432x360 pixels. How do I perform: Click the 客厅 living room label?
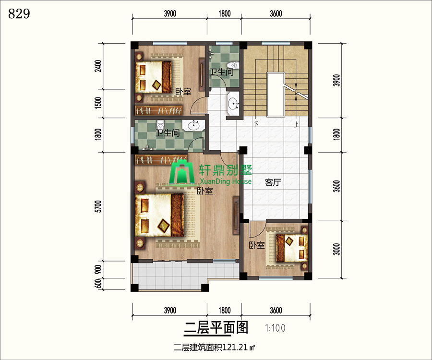click(273, 182)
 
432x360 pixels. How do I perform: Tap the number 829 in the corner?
click(19, 13)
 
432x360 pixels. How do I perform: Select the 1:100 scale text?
click(275, 328)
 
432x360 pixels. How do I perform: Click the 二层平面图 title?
click(216, 328)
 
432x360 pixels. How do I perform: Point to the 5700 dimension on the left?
click(98, 206)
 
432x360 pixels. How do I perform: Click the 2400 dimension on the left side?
click(98, 66)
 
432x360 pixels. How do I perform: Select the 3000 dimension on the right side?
click(336, 249)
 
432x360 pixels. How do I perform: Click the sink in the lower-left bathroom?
click(194, 126)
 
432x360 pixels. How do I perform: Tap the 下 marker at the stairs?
click(256, 124)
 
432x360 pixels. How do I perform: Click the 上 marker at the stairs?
click(297, 124)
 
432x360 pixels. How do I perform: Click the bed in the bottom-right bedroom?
click(292, 248)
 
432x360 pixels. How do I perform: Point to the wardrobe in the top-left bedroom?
click(159, 110)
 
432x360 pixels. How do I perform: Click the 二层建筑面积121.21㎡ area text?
click(214, 348)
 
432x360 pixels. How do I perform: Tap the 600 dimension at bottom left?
click(98, 284)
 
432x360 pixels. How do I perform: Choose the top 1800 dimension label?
click(225, 13)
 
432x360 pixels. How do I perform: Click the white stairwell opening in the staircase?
click(276, 95)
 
